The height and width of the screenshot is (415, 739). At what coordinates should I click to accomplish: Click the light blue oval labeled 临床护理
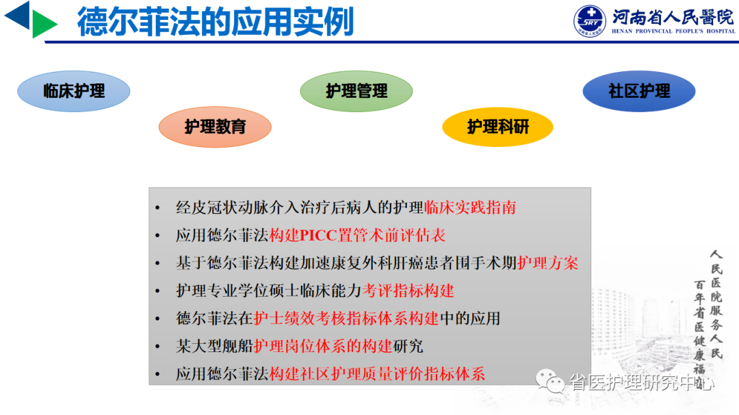[73, 91]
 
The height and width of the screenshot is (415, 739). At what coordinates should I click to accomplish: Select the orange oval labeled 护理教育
[215, 126]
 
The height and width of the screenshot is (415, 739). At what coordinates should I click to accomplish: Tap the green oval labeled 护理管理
[356, 91]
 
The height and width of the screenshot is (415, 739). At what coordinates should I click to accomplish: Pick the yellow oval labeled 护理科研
[497, 126]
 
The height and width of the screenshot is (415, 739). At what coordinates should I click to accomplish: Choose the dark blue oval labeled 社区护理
[639, 91]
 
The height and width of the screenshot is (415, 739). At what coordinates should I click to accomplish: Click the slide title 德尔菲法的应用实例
[216, 22]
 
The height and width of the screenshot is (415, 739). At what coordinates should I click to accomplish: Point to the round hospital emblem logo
[590, 21]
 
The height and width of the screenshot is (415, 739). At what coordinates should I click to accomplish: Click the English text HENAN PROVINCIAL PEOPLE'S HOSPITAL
[673, 31]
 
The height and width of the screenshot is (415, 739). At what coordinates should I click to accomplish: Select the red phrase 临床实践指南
[470, 207]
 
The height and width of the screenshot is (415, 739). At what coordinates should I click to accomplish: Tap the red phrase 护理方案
[547, 263]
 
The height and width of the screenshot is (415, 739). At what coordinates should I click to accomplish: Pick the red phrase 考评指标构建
[408, 291]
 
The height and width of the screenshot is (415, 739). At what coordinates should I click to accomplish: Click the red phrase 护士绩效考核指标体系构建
[346, 319]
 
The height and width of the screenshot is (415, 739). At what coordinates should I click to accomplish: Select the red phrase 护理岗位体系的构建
[323, 346]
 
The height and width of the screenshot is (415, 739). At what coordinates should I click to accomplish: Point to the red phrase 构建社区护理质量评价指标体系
[378, 374]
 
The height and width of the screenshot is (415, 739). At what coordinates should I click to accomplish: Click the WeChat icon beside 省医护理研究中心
[550, 381]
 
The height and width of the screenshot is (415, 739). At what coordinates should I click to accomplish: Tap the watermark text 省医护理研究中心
[642, 382]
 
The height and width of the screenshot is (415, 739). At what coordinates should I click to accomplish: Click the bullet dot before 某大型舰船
[157, 347]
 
